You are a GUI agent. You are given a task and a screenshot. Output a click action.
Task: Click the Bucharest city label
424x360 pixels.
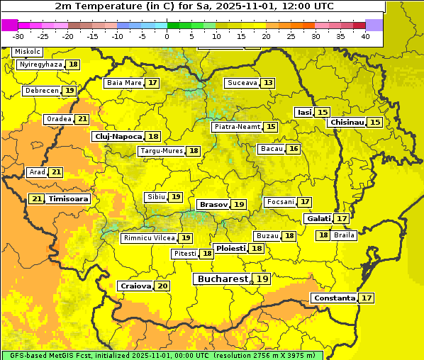coord(223,279)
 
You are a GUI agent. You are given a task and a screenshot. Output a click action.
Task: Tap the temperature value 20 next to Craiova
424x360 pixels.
coord(163,286)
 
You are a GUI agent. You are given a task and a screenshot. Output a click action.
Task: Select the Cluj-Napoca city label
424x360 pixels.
coord(117,136)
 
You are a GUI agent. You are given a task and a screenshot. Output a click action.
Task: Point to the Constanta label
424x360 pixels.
coord(334,298)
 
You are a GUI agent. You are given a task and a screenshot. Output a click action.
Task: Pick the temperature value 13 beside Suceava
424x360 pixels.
coord(267,83)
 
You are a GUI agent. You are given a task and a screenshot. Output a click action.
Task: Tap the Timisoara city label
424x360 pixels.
coord(69,199)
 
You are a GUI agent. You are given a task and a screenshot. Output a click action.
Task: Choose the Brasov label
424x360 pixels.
coord(213,204)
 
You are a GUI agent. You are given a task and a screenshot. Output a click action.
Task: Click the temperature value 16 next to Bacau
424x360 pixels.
coord(293,149)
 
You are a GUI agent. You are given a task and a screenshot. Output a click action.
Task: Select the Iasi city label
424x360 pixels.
coord(304,113)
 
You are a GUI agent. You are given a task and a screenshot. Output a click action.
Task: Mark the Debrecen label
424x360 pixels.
coord(41,91)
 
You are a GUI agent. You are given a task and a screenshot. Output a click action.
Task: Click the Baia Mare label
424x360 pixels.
coord(124,83)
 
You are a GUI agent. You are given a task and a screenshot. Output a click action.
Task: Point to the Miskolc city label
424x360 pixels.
coord(28,52)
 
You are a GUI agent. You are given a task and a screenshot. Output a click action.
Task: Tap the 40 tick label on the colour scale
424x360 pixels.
coord(364,35)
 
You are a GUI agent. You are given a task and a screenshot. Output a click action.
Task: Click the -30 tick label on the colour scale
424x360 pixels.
coord(18,35)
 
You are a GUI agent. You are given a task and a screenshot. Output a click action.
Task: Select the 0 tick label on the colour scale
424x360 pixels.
coord(167,35)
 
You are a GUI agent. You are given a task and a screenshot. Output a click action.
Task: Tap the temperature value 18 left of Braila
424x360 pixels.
coord(323,235)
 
